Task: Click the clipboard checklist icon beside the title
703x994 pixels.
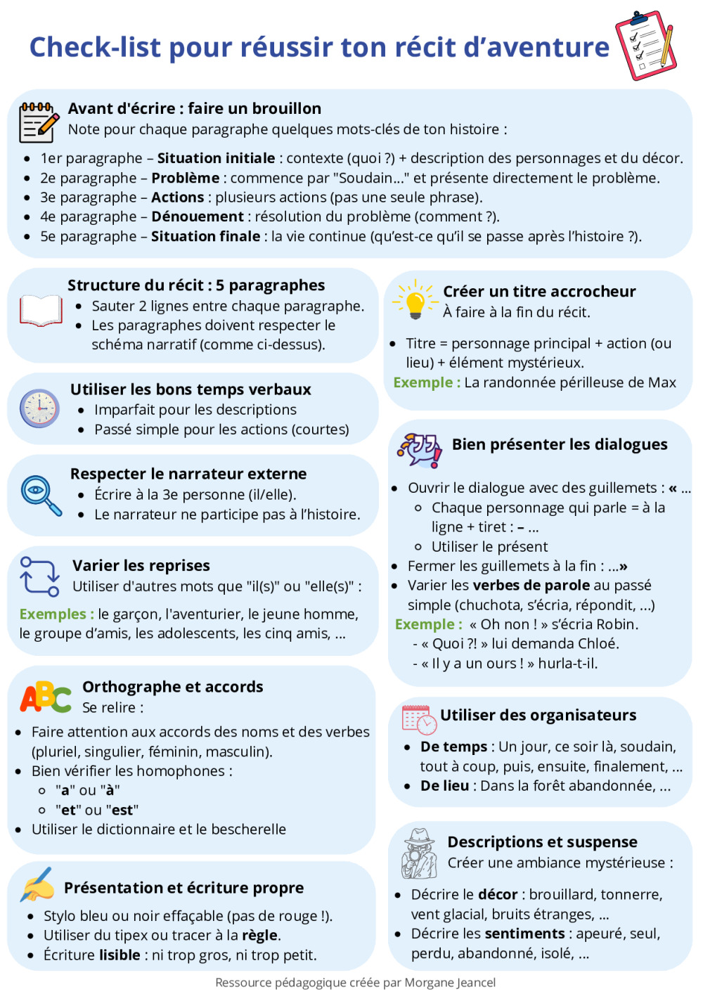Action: click(645, 45)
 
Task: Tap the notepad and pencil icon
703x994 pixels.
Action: click(38, 122)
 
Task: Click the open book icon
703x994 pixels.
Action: click(41, 311)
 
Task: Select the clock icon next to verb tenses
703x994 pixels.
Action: click(39, 408)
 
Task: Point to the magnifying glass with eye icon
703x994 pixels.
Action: click(41, 494)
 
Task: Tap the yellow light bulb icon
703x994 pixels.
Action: click(415, 300)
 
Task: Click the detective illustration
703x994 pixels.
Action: click(420, 853)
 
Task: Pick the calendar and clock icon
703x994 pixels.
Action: click(419, 719)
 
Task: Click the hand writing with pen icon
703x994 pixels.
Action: click(38, 885)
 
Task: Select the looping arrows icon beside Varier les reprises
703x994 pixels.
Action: click(39, 576)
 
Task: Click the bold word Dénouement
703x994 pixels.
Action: click(198, 217)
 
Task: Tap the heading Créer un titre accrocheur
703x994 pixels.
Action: click(539, 291)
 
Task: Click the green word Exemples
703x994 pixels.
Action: click(56, 614)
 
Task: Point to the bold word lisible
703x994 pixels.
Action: click(120, 955)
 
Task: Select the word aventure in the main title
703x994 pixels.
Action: click(548, 47)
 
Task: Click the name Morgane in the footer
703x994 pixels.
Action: click(428, 982)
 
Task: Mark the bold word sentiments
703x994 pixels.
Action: click(524, 934)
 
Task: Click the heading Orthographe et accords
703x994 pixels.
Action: click(173, 687)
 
